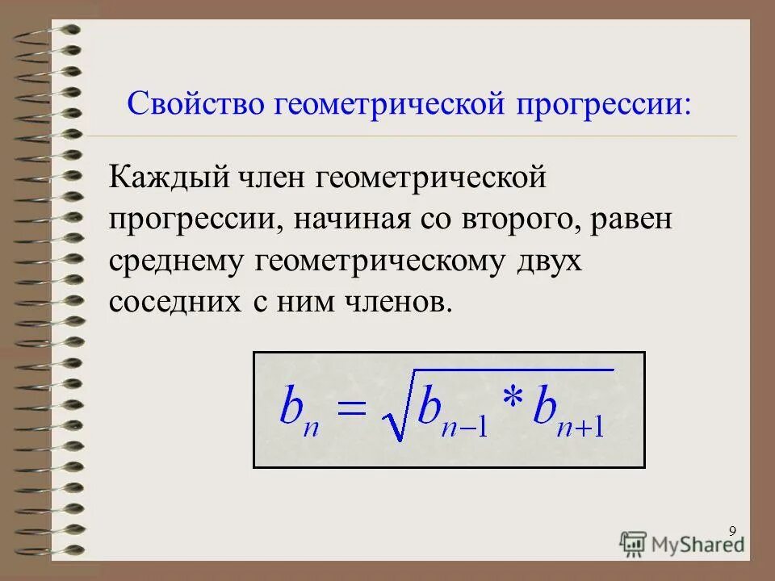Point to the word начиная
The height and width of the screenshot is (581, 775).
click(x=350, y=219)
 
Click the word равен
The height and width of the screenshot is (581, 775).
click(x=630, y=219)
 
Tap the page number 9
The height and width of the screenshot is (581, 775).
click(x=732, y=530)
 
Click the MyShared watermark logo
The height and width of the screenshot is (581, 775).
click(x=682, y=543)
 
